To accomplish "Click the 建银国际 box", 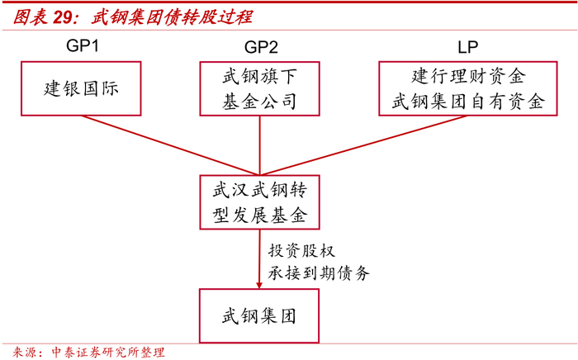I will click(81, 88).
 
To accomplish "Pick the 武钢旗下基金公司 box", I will click(258, 88).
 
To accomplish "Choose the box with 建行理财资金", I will click(467, 88).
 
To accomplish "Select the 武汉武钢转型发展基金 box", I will click(259, 203).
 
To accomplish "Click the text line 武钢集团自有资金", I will click(467, 102).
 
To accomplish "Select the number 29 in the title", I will click(65, 17).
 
